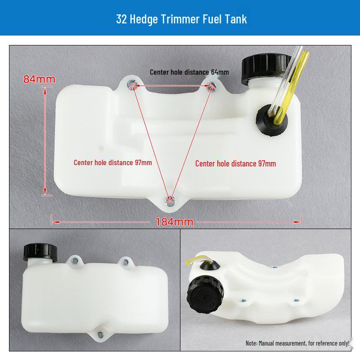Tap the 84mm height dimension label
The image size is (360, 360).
coord(39,79)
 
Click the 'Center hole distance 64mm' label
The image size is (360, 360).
coord(189,72)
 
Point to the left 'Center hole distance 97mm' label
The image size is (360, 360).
coord(112,162)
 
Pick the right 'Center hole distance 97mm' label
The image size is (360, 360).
coord(235,163)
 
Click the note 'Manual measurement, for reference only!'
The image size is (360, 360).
coord(297,343)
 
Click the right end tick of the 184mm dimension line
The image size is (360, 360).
coord(301,220)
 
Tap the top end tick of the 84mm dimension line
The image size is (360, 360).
coord(45,88)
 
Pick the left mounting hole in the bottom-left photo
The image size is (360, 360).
coord(73,260)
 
